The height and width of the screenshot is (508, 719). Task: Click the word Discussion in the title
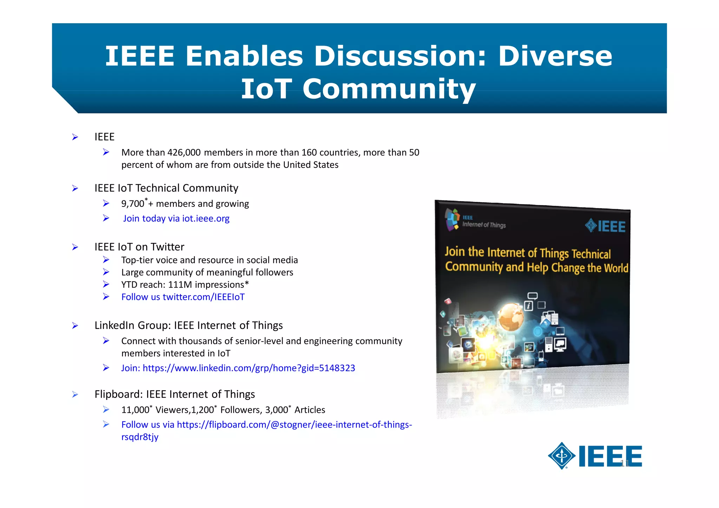tap(400, 56)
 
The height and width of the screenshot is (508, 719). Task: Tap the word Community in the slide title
tap(389, 89)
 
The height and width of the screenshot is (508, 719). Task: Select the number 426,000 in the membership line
tap(184, 152)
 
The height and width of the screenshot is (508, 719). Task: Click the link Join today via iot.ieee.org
tap(176, 218)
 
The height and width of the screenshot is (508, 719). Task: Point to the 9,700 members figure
tap(133, 204)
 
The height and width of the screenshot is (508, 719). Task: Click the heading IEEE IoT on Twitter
tap(139, 247)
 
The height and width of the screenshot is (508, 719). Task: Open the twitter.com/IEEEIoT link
tap(203, 297)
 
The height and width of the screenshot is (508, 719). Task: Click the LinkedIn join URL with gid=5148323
tap(249, 368)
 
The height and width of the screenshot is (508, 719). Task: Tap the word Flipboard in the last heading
tap(118, 394)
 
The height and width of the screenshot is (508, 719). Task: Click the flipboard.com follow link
tap(294, 425)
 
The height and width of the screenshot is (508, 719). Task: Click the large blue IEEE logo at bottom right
tap(595, 456)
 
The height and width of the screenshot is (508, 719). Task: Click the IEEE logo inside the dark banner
tap(605, 226)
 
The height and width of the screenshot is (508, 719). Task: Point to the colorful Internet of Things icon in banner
tap(452, 219)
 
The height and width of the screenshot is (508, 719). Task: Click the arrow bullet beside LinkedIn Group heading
tap(75, 325)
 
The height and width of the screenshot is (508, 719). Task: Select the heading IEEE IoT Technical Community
tap(166, 188)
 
